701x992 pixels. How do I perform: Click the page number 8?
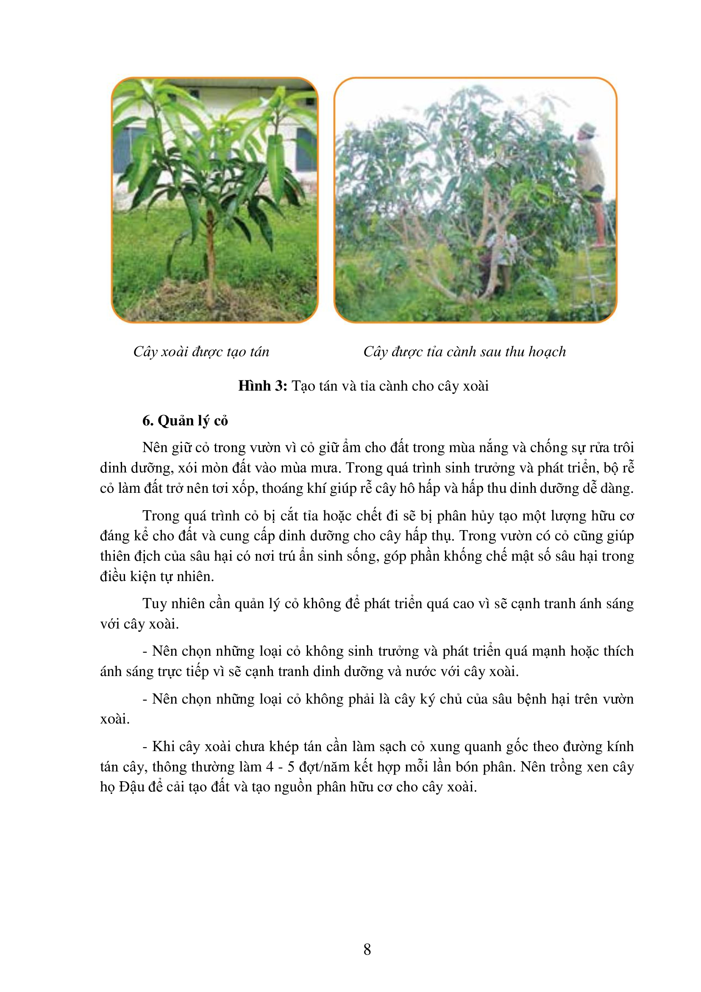(x=367, y=949)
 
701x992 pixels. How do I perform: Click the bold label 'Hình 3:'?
(x=262, y=386)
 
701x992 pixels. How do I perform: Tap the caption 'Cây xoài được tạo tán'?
(x=201, y=352)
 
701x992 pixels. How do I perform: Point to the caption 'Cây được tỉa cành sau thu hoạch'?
(x=465, y=352)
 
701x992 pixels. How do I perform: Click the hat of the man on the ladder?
(x=587, y=128)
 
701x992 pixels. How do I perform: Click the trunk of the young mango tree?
(x=210, y=259)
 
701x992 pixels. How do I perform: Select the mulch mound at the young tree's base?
(x=203, y=298)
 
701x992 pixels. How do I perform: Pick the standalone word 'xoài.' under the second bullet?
(x=115, y=719)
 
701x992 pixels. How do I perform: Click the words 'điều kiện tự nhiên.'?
(x=157, y=576)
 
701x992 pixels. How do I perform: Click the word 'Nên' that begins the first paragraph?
(x=155, y=447)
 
